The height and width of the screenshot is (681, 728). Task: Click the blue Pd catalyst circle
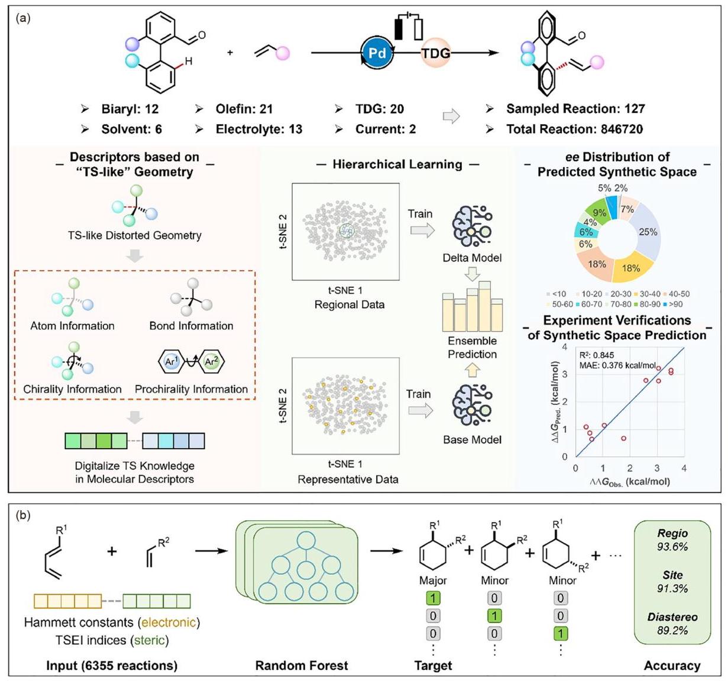point(377,53)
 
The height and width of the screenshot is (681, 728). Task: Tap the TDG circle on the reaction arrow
point(435,53)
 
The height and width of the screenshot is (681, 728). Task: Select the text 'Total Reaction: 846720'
point(574,129)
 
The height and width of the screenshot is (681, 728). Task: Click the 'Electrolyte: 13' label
point(259,129)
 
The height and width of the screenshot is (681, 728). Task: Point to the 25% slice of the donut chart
point(648,232)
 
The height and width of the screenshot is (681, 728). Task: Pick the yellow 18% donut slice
point(631,268)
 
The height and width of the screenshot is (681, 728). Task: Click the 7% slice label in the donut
point(627,209)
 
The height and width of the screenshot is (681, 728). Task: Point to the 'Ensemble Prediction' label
point(472,348)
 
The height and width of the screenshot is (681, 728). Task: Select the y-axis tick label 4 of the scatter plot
point(565,347)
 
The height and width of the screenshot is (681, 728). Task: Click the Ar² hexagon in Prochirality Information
point(211,362)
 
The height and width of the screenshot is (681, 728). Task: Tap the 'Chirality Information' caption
point(72,389)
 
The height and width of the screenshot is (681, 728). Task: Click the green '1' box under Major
point(433,598)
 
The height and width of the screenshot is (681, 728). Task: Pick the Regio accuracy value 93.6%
point(672,546)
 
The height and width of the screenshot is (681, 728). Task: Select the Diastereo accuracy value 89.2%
point(672,630)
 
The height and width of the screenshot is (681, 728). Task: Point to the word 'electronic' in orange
point(169,622)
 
